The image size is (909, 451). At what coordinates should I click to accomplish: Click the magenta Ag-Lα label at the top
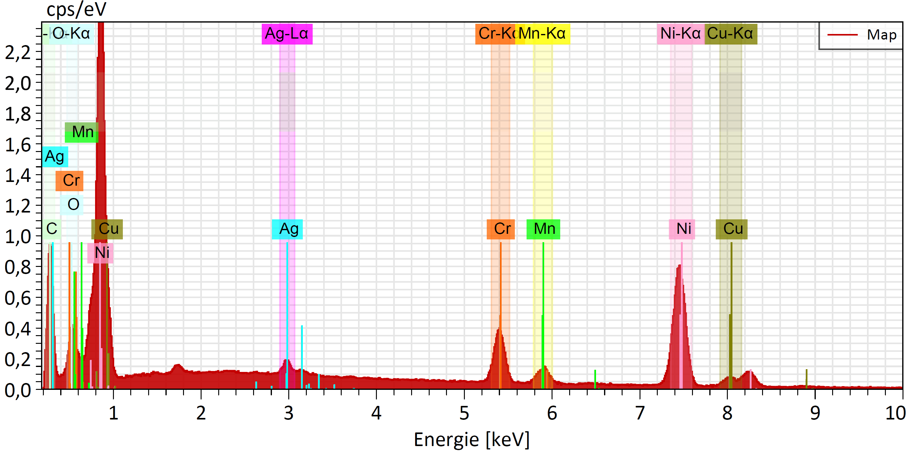coord(287,34)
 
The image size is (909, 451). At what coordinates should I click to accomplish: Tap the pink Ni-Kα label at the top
coord(680,34)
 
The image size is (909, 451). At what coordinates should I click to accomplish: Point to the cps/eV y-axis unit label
coord(76,10)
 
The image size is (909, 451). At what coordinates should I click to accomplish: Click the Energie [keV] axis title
coord(471,439)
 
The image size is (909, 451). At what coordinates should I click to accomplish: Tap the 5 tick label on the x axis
coord(464,413)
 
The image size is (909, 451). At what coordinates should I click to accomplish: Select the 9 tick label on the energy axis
coord(815,413)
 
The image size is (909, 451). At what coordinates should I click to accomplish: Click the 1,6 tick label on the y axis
coord(18,145)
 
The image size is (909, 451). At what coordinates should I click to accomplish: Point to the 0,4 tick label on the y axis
coord(18,329)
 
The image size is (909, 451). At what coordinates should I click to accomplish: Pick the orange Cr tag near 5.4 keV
coord(501,229)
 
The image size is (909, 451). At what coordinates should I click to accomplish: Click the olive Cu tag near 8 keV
coord(732,229)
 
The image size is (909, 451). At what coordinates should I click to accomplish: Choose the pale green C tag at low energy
coord(52,229)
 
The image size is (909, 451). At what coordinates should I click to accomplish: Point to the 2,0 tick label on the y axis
coord(18,84)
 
